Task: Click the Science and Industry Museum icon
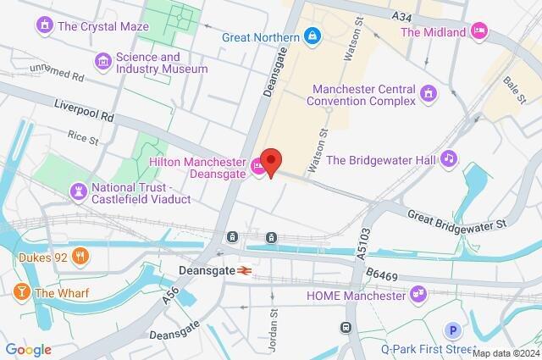[103, 61]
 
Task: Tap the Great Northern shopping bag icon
[312, 36]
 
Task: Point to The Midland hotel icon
[479, 31]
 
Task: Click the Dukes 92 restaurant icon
[80, 255]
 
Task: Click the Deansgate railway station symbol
[242, 271]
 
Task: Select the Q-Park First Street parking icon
[456, 330]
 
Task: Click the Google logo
[28, 350]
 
